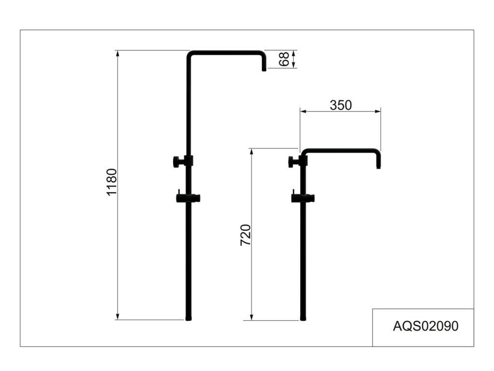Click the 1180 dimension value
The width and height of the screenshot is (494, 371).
point(112,182)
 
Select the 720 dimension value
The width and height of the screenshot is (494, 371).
point(246,235)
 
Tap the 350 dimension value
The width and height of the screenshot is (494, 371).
point(341,105)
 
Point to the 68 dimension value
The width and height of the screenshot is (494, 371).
point(285,59)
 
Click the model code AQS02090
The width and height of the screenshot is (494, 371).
point(425,326)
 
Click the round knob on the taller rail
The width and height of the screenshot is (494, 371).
point(178,161)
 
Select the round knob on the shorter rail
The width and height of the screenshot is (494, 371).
point(292,162)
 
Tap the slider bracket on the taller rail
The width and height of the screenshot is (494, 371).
point(188,198)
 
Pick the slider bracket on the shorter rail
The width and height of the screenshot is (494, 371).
point(303,198)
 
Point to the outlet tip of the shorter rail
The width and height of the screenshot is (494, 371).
point(379,166)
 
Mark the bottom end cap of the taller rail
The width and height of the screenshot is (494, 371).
point(189,318)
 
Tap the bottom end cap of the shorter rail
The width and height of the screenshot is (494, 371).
point(303,318)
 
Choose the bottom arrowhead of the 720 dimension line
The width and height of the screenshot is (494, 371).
point(251,317)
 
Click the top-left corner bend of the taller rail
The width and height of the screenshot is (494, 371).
point(190,54)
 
